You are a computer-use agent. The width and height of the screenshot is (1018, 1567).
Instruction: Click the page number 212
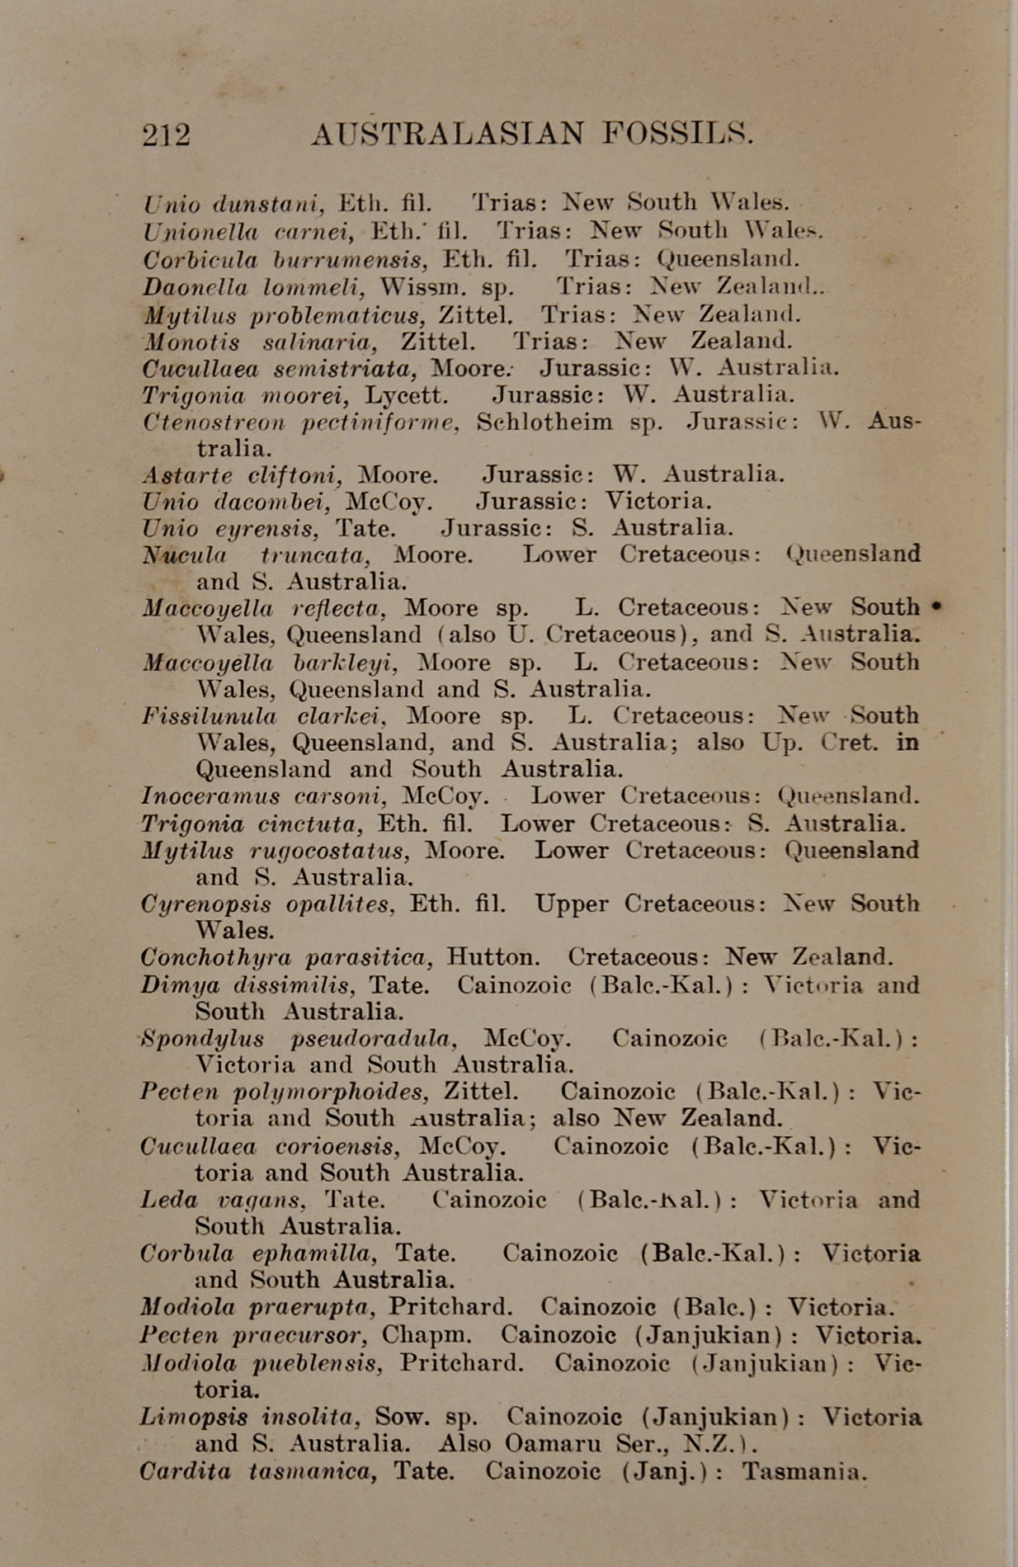(166, 135)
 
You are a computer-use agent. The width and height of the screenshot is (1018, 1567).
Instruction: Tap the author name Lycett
(406, 395)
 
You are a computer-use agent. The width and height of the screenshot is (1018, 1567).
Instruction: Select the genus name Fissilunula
(209, 716)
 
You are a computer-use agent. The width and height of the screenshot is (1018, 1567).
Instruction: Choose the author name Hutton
(493, 958)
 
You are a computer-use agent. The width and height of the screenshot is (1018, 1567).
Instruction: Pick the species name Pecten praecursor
(250, 1335)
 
